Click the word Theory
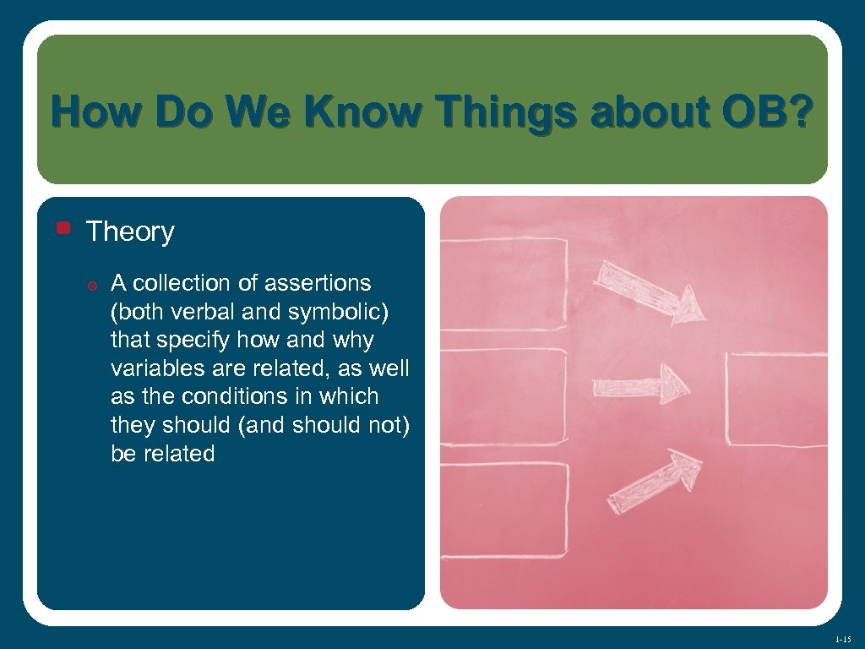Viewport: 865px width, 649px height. coord(130,232)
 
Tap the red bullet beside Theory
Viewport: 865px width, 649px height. coord(63,227)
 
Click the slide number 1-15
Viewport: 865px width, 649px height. coord(841,639)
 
